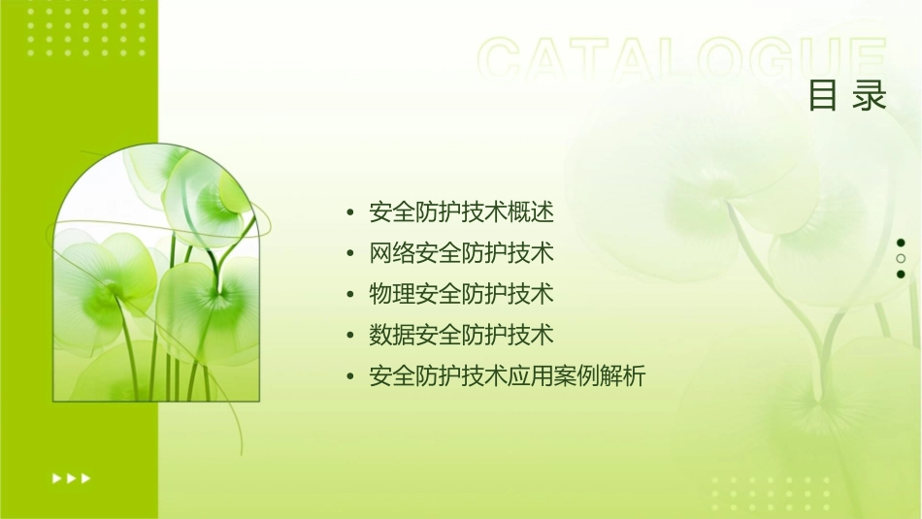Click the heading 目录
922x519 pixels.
coord(847,96)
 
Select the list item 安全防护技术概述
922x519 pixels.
coord(461,212)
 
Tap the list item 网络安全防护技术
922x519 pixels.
coord(461,253)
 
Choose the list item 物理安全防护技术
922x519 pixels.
coord(461,294)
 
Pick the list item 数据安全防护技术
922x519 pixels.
coord(461,335)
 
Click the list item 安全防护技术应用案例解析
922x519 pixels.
coord(507,376)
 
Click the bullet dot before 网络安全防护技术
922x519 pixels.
coord(349,254)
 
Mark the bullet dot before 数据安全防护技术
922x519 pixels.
coord(349,336)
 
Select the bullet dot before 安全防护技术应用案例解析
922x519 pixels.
coord(349,376)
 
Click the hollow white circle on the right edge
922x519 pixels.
coord(901,259)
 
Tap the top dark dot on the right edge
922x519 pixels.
coord(901,243)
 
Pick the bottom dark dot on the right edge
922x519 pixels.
coord(901,275)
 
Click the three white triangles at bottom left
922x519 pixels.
coord(72,478)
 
